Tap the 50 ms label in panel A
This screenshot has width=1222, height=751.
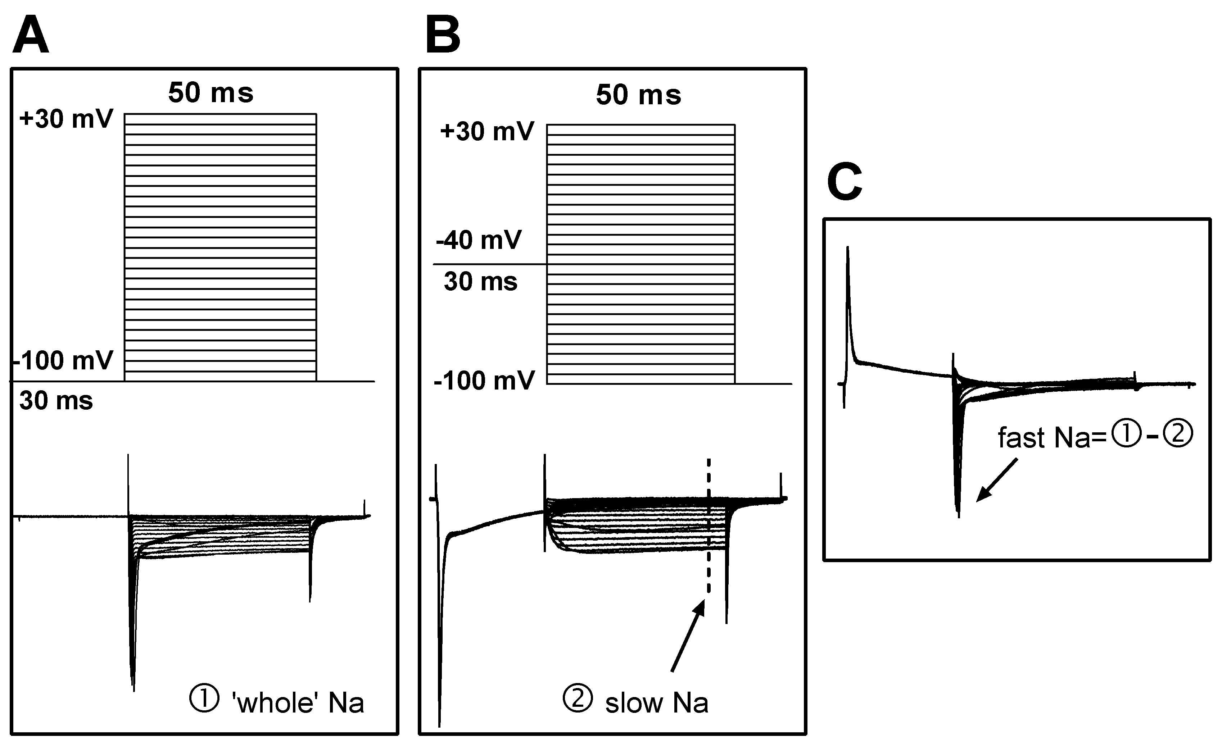click(x=211, y=93)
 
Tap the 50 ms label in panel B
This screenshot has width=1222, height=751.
click(x=639, y=95)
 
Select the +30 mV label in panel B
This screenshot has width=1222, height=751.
click(x=487, y=132)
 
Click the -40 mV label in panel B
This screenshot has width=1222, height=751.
click(x=479, y=240)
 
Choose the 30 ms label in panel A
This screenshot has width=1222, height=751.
click(x=56, y=401)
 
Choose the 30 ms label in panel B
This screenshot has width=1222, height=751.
click(x=480, y=282)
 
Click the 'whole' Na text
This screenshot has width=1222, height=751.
click(x=298, y=703)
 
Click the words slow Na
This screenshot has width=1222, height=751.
click(x=656, y=703)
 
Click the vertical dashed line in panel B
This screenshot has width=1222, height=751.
click(x=709, y=527)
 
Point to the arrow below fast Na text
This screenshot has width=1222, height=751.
click(x=996, y=480)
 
